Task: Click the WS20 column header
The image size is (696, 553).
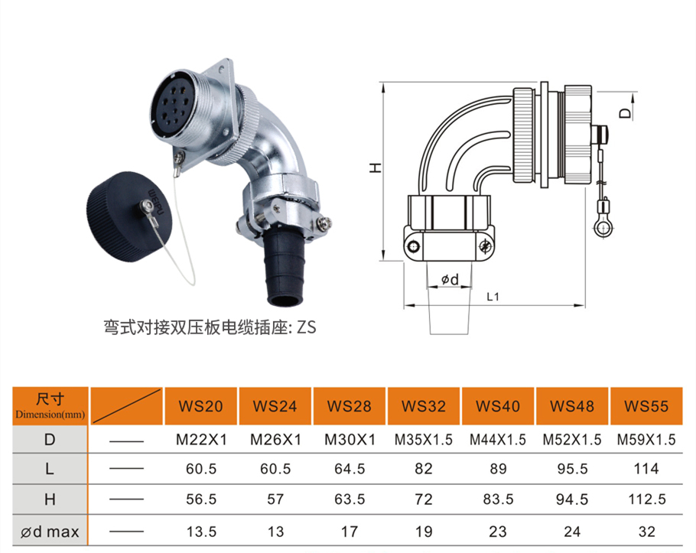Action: [200, 406]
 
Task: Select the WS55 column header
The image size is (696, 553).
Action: [646, 406]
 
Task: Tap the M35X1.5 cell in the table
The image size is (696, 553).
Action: [424, 439]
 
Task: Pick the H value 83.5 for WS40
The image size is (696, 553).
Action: [498, 499]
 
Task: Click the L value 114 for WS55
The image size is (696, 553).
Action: [646, 469]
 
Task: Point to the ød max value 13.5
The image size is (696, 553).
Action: [201, 532]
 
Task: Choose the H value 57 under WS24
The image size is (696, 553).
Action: [275, 499]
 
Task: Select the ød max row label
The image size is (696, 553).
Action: [50, 532]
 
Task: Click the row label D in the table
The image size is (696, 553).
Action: [50, 439]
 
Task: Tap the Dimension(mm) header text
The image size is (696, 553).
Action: [50, 415]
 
